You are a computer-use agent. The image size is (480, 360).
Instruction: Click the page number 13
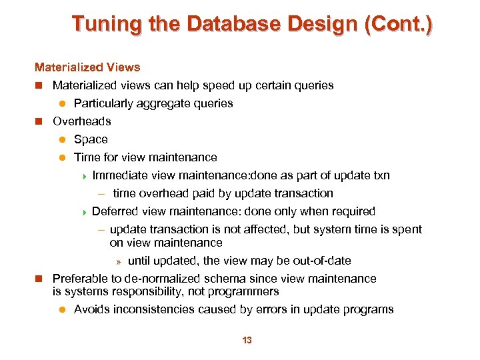click(x=247, y=340)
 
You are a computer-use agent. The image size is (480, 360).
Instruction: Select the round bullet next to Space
click(x=61, y=139)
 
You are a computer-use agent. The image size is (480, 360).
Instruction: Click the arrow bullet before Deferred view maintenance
click(x=84, y=211)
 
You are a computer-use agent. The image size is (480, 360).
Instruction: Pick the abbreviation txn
click(x=381, y=175)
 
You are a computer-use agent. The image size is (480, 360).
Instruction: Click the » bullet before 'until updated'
click(x=119, y=261)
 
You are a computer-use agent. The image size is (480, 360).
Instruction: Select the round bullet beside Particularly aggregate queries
click(x=61, y=103)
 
